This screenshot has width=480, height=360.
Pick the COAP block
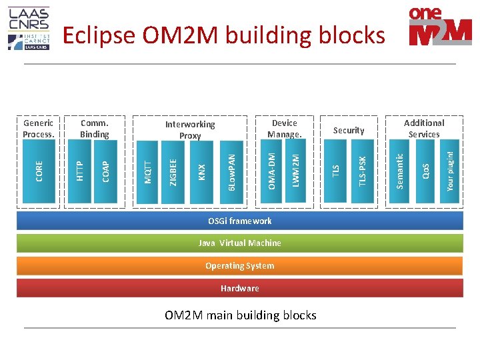coord(106,171)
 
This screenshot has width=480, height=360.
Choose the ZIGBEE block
coord(173,171)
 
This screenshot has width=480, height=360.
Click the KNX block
coord(202,171)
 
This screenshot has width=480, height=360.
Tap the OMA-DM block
coord(271,171)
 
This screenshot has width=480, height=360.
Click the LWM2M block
coord(296,171)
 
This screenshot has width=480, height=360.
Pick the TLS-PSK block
coord(362,171)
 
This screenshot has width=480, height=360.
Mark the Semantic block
coord(400,171)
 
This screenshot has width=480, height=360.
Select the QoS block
coord(425,171)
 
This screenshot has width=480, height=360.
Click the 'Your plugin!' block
coord(451,171)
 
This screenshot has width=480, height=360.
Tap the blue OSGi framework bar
coord(239,221)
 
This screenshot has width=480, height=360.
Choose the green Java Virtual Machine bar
coord(239,243)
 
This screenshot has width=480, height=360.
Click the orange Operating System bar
coord(239,266)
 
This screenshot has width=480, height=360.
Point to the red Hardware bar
coord(239,289)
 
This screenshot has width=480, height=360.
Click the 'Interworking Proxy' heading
coord(190,130)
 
